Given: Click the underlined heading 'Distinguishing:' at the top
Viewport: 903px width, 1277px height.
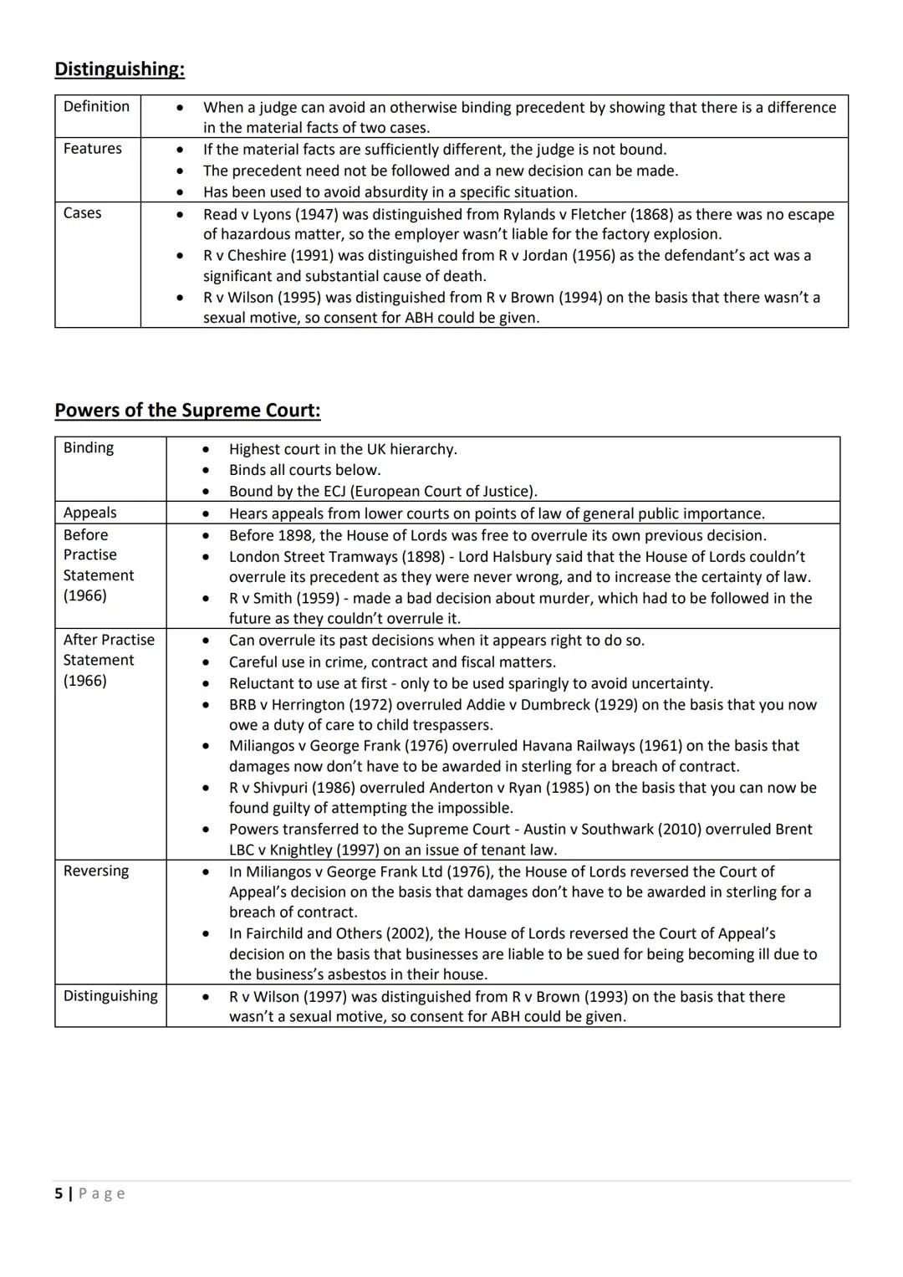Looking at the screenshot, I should point(120,69).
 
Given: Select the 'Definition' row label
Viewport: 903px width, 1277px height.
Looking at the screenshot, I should point(96,106).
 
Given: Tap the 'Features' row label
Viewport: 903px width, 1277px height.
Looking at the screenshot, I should point(92,148).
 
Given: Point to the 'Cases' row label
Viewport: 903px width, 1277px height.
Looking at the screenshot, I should point(82,212).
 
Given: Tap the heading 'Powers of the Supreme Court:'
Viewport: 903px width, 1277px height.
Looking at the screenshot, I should point(187,410).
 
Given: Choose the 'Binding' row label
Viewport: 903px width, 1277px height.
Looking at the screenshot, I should point(88,447).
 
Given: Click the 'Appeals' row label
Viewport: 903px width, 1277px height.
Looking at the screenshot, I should point(89,513).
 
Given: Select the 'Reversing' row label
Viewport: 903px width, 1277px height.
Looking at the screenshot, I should point(96,871).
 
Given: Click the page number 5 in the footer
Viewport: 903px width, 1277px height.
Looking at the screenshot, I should point(59,1193).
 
